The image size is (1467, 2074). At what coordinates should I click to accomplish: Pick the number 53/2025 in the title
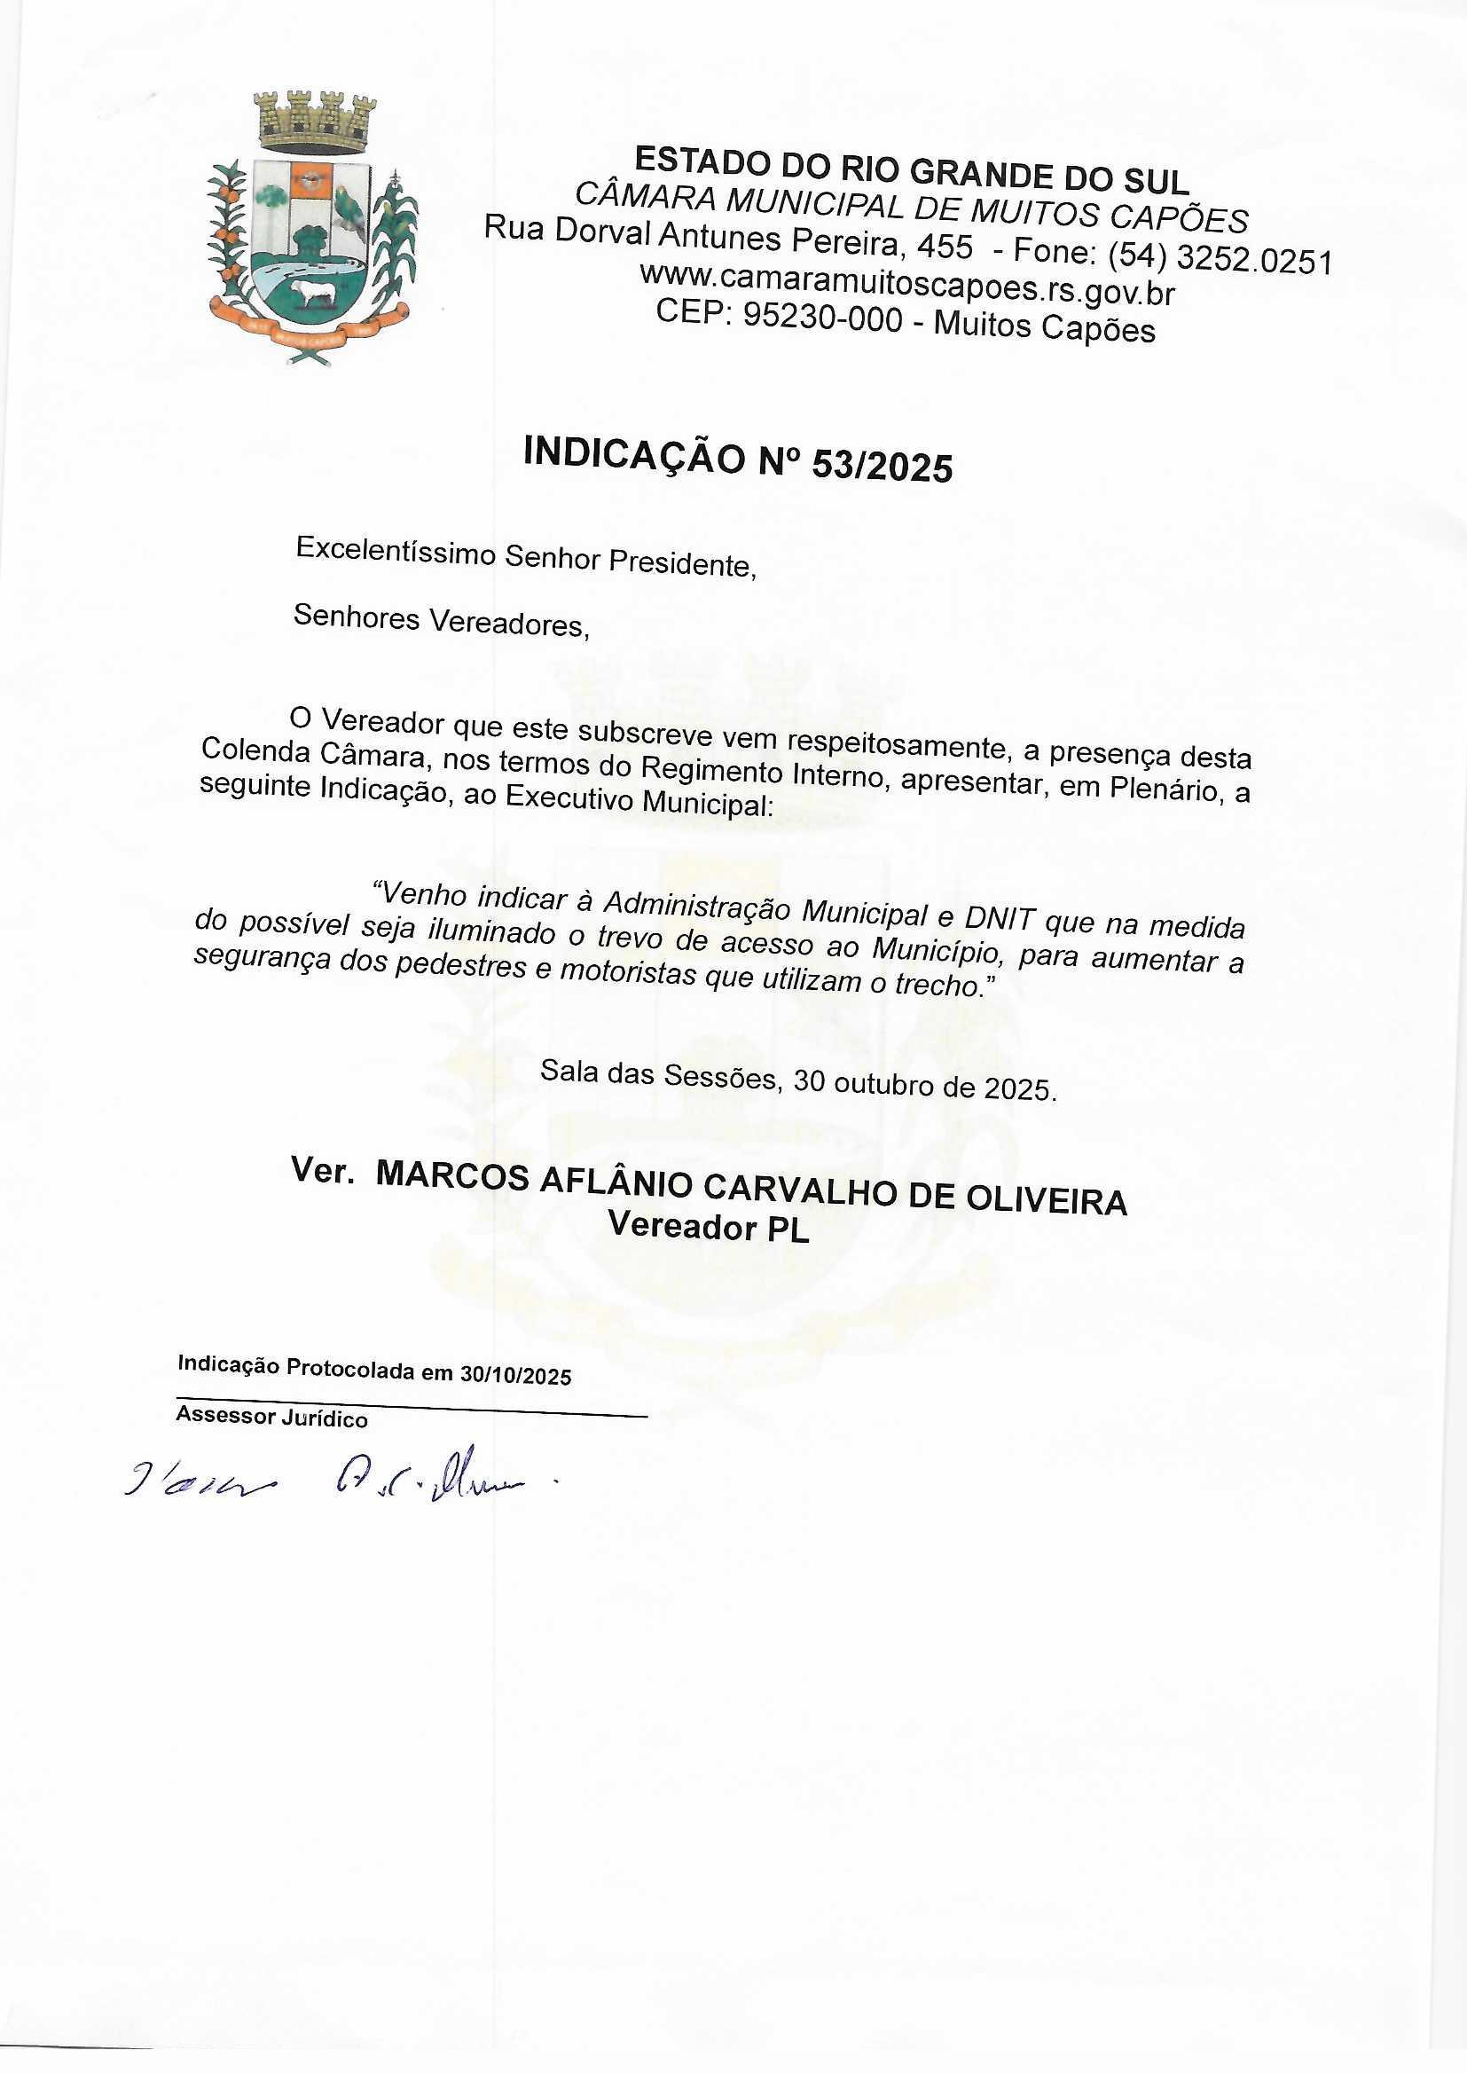[883, 465]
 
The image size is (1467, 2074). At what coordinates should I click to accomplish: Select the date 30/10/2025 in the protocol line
[515, 1376]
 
